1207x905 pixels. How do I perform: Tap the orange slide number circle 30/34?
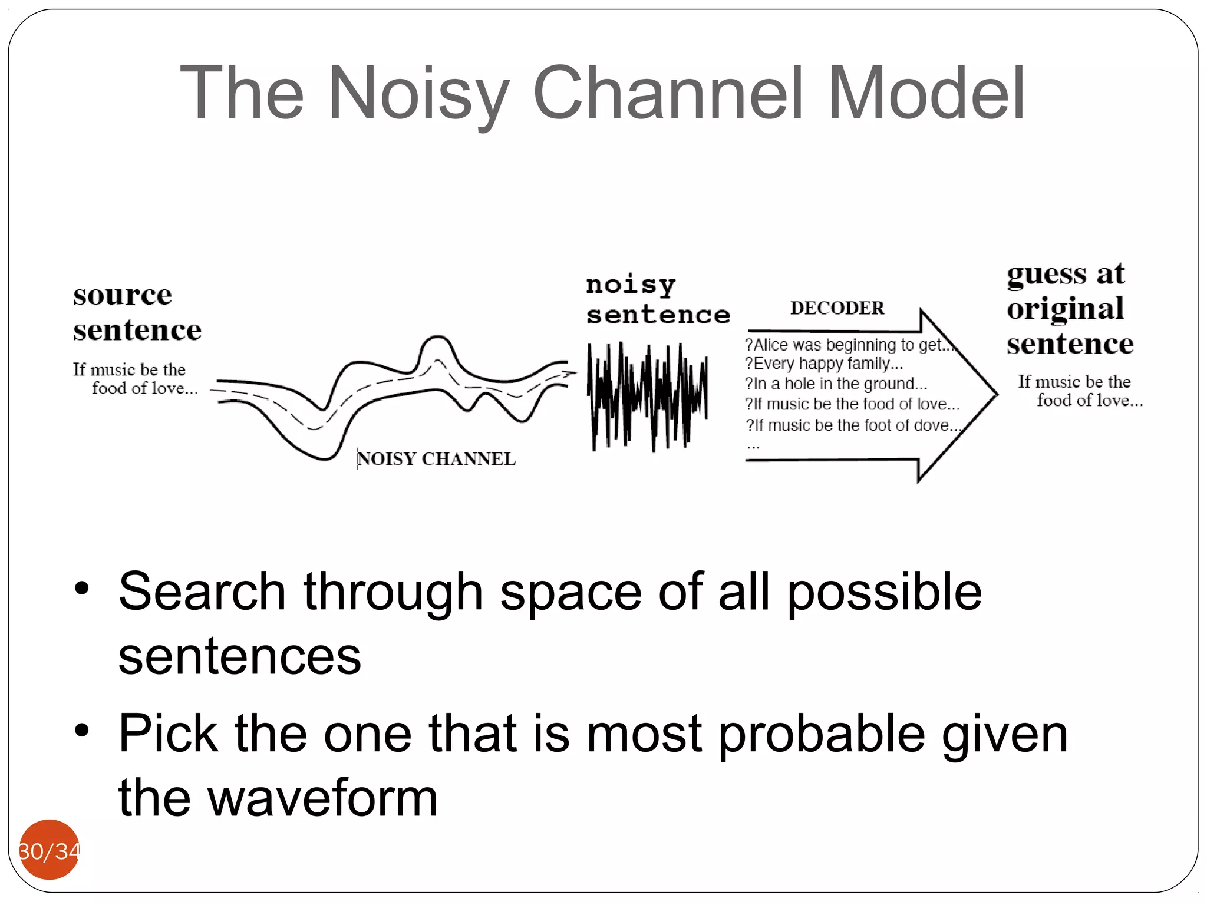tap(49, 850)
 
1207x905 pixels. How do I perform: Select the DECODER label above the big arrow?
tap(837, 308)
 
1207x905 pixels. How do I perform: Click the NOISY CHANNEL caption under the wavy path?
tap(436, 459)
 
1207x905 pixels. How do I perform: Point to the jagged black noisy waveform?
tap(647, 396)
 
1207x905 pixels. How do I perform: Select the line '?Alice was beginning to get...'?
tap(849, 345)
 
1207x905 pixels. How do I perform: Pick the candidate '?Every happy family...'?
tap(823, 364)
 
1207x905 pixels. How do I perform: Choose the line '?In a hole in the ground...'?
tap(836, 384)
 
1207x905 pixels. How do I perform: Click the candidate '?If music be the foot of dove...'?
tap(852, 425)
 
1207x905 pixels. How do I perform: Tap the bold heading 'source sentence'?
tap(137, 312)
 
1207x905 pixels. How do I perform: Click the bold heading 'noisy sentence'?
tap(657, 300)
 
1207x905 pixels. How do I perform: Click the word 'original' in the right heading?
tap(1065, 309)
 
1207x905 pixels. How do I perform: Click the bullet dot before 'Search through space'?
tap(82, 588)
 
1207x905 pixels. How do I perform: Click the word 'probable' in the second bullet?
tap(822, 734)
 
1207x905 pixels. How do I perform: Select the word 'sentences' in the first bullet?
tap(239, 656)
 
